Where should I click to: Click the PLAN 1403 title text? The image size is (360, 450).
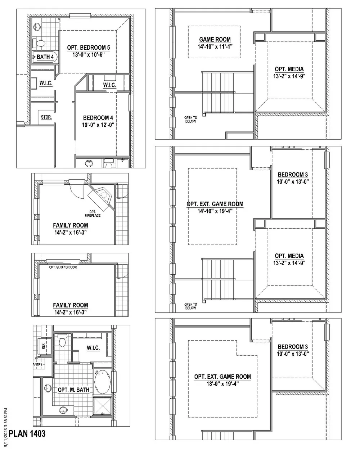coord(27,433)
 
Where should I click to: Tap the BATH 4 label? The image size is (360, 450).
coord(45,57)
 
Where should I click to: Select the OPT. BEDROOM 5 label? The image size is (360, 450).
coord(89,48)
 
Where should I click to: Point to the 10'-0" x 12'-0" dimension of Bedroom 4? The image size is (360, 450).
coord(98,125)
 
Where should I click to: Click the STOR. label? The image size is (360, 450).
coord(46,117)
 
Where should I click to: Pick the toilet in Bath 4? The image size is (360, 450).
coord(39,43)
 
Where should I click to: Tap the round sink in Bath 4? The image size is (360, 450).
coord(37,27)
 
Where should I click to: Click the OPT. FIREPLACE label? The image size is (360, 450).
coord(93,214)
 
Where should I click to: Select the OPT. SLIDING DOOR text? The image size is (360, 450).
coord(63,267)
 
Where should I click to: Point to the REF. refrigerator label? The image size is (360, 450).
coord(44,346)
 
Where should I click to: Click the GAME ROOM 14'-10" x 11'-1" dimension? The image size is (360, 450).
coord(215,47)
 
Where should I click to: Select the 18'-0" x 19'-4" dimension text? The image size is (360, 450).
coord(222,384)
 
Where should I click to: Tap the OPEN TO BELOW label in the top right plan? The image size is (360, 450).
coord(190,120)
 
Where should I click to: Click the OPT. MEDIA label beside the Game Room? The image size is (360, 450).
coord(289,69)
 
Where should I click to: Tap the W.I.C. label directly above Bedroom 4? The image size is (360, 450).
coord(109,85)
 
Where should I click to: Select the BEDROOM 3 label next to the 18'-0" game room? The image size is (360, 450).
coord(293,347)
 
